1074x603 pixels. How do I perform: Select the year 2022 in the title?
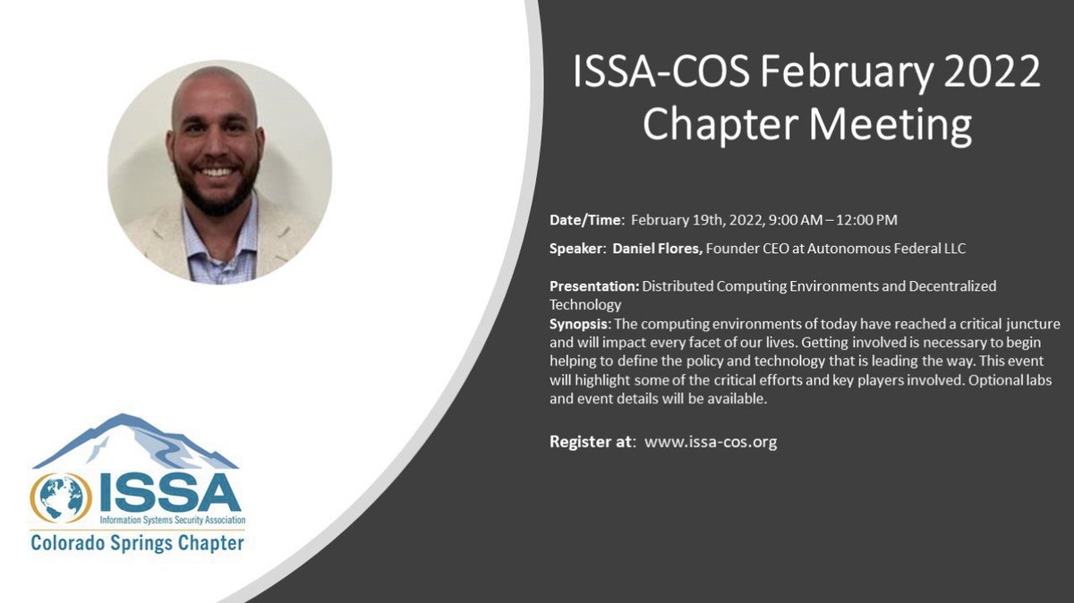point(996,71)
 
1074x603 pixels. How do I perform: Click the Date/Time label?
point(587,219)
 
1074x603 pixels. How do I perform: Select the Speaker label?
point(577,248)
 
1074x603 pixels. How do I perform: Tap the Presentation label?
point(594,286)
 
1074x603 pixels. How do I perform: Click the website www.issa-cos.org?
point(711,441)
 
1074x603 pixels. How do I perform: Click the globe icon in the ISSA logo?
point(61,497)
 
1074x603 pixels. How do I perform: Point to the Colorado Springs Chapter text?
point(137,542)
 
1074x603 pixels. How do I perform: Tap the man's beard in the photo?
point(215,197)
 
